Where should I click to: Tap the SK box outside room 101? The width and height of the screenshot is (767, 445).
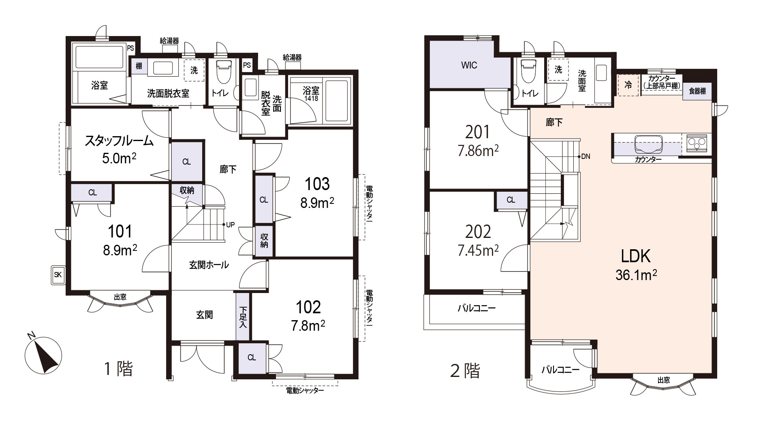[58, 275]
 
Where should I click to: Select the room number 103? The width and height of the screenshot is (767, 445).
[317, 184]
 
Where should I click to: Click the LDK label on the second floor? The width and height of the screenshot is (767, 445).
[636, 256]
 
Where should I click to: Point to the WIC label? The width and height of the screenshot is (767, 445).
[469, 65]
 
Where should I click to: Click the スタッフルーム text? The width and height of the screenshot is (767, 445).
[119, 141]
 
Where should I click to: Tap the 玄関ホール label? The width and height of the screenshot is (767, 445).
[209, 265]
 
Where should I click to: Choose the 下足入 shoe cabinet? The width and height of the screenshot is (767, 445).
[243, 317]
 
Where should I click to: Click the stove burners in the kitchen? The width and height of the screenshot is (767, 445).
[697, 143]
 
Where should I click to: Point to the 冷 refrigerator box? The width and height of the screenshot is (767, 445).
[628, 85]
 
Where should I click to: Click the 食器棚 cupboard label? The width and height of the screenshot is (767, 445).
[697, 91]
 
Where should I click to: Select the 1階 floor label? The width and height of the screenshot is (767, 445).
[119, 368]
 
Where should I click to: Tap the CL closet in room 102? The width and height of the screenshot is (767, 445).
[252, 358]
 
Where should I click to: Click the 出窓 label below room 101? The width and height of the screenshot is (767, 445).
[120, 297]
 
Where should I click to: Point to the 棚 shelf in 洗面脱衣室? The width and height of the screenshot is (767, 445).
[139, 66]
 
